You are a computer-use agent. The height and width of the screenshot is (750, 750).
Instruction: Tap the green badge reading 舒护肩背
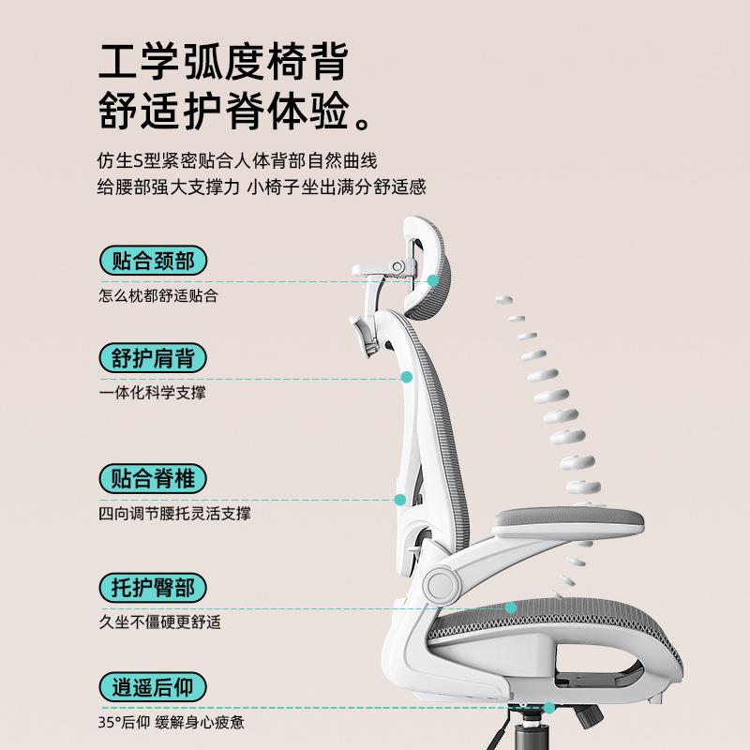153,358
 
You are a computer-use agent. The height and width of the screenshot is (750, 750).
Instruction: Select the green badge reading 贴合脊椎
153,479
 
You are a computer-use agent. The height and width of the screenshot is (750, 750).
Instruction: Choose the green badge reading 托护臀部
153,588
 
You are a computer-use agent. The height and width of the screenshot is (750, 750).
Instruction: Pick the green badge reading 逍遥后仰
153,687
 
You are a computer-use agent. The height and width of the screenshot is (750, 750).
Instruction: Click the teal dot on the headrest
433,279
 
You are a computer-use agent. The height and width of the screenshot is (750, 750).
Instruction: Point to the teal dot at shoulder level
407,377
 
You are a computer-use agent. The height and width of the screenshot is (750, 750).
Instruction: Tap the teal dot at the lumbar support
399,501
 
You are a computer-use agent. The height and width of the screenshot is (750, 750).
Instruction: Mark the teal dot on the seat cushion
511,607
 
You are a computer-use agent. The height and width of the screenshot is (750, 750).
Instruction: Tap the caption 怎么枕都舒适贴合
158,295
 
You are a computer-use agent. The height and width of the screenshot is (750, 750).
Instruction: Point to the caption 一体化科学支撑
152,393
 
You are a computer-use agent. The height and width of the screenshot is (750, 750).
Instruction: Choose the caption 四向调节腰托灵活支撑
174,514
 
